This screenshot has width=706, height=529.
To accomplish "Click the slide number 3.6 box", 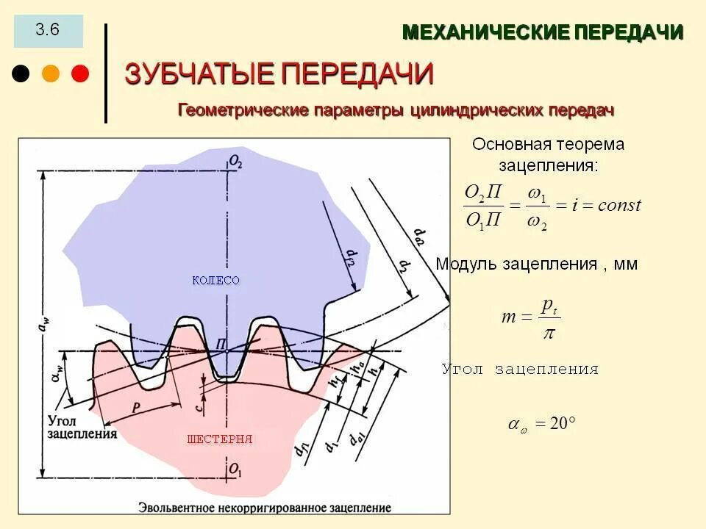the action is (48, 31).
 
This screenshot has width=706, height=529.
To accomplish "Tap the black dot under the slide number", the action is (21, 73).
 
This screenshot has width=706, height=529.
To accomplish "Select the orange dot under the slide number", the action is (51, 73).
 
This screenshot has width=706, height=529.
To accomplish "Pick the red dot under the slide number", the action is (79, 73).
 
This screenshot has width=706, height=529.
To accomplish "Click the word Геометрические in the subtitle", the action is (243, 110).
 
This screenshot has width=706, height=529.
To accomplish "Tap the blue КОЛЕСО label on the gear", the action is (215, 281).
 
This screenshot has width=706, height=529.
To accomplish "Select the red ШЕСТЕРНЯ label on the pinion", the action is (220, 439).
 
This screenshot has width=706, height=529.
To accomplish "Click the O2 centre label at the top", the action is (235, 161).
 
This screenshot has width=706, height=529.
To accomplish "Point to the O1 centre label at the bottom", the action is (235, 469).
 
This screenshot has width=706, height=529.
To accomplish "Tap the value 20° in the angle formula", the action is (562, 424).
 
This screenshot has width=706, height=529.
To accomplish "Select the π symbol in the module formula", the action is (547, 334).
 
